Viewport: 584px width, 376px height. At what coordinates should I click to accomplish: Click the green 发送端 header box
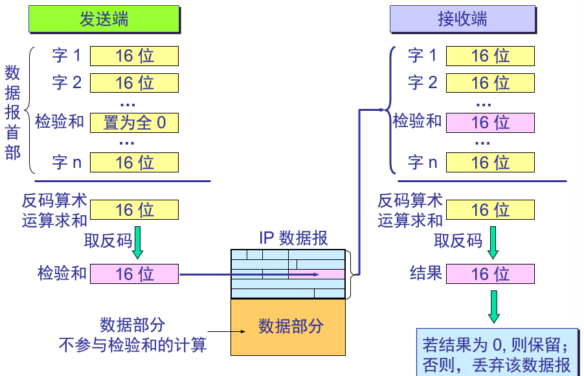104,19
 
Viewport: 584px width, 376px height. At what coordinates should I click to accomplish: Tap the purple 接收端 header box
462,19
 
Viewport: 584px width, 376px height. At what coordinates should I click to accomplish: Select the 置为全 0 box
134,122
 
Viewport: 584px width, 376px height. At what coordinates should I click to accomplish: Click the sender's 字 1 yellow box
134,56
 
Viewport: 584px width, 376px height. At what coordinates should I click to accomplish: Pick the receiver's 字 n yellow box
490,162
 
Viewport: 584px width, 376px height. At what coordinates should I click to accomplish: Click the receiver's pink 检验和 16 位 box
490,122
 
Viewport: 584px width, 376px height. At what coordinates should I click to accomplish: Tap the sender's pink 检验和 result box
134,274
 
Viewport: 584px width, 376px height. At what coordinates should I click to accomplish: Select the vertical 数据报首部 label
12,112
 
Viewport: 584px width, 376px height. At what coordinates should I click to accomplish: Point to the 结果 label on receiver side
425,274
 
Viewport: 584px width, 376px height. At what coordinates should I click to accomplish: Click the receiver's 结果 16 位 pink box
490,274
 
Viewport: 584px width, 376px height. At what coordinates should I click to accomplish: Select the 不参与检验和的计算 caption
133,344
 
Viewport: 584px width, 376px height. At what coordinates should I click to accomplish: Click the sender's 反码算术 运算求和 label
54,210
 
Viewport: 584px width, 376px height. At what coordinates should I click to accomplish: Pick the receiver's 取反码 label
458,241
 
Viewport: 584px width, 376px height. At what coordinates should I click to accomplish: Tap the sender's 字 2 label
67,83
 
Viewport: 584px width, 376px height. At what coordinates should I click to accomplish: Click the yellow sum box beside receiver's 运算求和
490,209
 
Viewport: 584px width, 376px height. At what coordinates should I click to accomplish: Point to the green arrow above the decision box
494,306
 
